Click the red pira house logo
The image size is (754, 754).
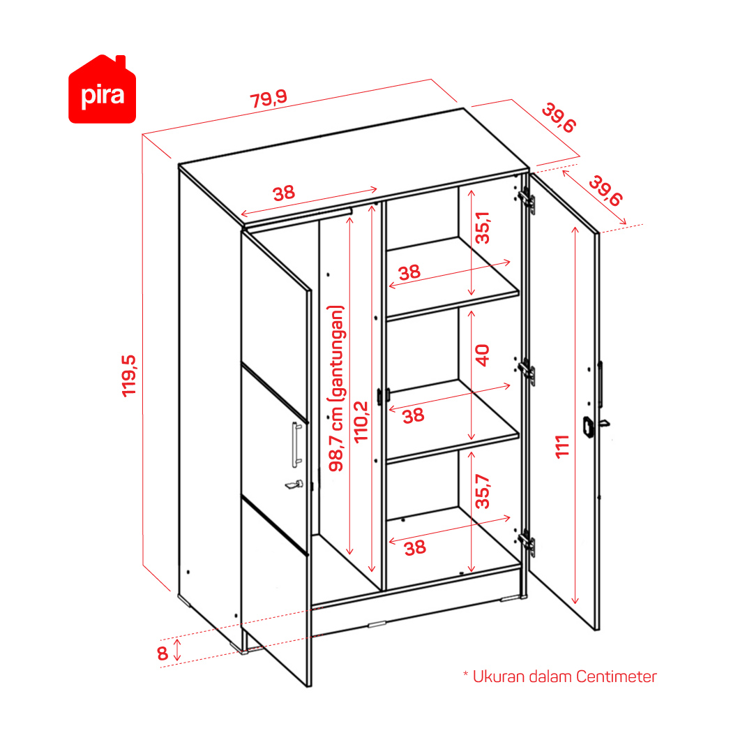pyautogui.click(x=102, y=89)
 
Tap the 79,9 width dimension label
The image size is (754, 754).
pyautogui.click(x=269, y=98)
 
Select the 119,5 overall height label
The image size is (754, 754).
pyautogui.click(x=129, y=376)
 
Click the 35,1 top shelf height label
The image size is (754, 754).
pyautogui.click(x=482, y=228)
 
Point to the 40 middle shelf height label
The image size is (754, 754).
pyautogui.click(x=482, y=355)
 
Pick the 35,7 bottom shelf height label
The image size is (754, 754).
pyautogui.click(x=482, y=491)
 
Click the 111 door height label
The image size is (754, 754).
pyautogui.click(x=562, y=447)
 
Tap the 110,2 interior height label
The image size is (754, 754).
pyautogui.click(x=361, y=422)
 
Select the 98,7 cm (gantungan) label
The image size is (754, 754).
pyautogui.click(x=336, y=388)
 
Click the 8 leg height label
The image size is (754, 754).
pyautogui.click(x=163, y=653)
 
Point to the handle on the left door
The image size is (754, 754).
pyautogui.click(x=296, y=445)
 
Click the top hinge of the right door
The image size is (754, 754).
pyautogui.click(x=527, y=200)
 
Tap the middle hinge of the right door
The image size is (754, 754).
pyautogui.click(x=527, y=372)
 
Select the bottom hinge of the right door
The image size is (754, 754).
pyautogui.click(x=527, y=543)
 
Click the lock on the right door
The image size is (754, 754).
pyautogui.click(x=589, y=427)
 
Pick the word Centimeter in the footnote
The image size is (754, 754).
pyautogui.click(x=616, y=677)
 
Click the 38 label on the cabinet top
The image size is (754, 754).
pyautogui.click(x=284, y=193)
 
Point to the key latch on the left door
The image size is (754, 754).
pyautogui.click(x=294, y=485)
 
